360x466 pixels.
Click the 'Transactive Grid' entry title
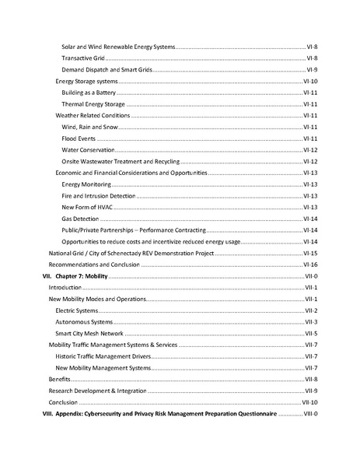click(x=83, y=58)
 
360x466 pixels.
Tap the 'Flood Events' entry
click(x=79, y=138)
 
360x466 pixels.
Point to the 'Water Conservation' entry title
click(x=88, y=149)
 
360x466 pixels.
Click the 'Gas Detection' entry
click(x=80, y=219)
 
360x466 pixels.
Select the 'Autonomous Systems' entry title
click(x=84, y=322)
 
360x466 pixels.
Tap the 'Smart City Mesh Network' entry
click(x=90, y=334)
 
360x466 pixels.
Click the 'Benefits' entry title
click(x=59, y=380)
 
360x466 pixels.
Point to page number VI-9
click(x=311, y=69)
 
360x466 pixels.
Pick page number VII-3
click(x=310, y=322)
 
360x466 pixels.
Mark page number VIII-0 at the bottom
click(x=309, y=414)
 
